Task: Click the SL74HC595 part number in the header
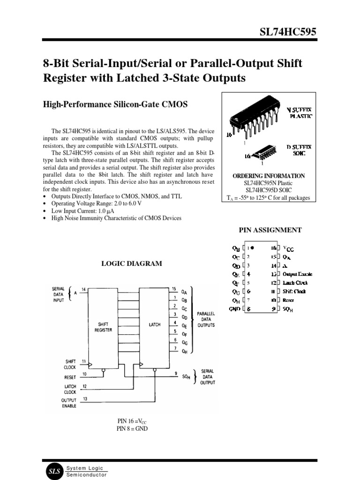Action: pyautogui.click(x=288, y=31)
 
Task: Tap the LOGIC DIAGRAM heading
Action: pyautogui.click(x=132, y=264)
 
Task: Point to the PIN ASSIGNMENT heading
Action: pyautogui.click(x=270, y=230)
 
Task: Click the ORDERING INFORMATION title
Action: pyautogui.click(x=269, y=176)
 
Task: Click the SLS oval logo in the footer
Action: pyautogui.click(x=53, y=472)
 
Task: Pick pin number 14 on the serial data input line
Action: pyautogui.click(x=83, y=289)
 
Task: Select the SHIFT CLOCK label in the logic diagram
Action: pyautogui.click(x=70, y=364)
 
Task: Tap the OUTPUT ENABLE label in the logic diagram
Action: pyautogui.click(x=68, y=403)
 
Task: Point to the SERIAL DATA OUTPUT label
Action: pyautogui.click(x=208, y=376)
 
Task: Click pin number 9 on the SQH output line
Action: pyautogui.click(x=175, y=374)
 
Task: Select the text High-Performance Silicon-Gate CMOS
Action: pyautogui.click(x=115, y=105)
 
